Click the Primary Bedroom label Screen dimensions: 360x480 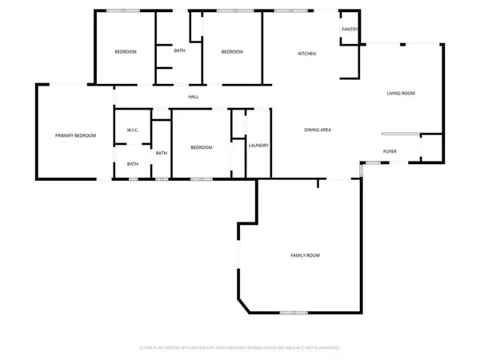[75, 136]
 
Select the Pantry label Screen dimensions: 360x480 [350, 30]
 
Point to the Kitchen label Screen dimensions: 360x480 [307, 54]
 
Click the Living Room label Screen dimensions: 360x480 [401, 94]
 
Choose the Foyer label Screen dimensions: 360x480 [390, 150]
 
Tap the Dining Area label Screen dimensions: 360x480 [318, 130]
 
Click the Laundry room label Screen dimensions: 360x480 [258, 146]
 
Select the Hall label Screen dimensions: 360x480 [194, 98]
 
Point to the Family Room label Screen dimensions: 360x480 [305, 255]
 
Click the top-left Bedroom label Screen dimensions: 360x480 [126, 52]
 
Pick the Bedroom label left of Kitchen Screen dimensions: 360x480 [232, 52]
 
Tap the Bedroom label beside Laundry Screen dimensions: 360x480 [201, 147]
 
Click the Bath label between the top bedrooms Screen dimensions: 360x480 [180, 51]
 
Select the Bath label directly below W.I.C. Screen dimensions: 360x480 [133, 165]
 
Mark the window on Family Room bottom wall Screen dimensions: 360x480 [294, 312]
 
